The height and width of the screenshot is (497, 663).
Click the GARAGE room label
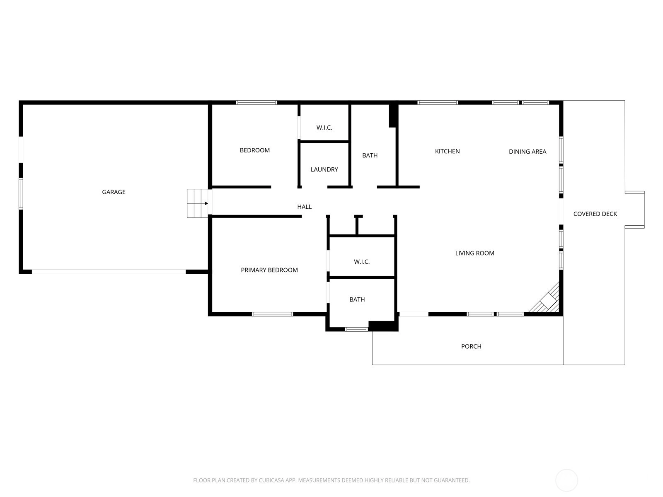(x=114, y=192)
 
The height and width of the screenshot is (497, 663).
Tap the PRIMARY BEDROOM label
(x=269, y=270)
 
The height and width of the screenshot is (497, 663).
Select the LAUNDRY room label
(x=324, y=169)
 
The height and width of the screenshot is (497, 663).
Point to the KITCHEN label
(x=447, y=151)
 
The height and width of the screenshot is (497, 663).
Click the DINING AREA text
(x=527, y=152)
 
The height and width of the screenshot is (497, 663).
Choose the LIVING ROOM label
(x=474, y=253)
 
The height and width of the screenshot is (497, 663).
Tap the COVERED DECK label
(x=595, y=214)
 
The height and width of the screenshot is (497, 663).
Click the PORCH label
(x=471, y=346)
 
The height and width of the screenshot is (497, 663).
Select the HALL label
(x=304, y=207)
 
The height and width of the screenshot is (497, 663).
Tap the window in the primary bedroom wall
(x=272, y=314)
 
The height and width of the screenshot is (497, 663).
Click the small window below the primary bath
(x=356, y=329)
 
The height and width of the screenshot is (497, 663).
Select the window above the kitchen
(x=438, y=103)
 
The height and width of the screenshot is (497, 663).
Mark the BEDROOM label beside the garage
(x=254, y=150)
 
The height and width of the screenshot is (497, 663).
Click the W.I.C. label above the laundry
(x=324, y=128)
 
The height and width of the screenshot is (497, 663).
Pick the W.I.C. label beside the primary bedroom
(x=362, y=262)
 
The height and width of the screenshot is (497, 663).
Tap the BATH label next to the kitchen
(x=370, y=155)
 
